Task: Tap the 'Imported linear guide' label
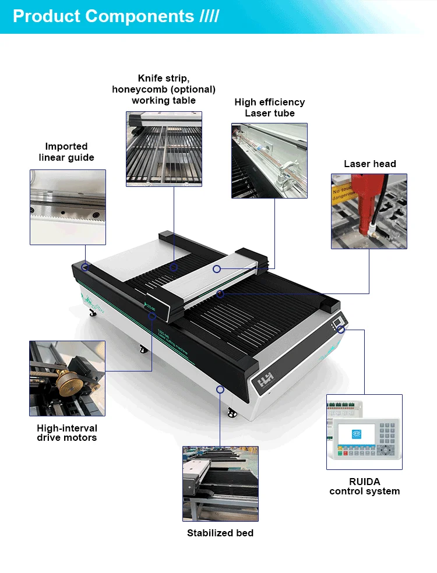coord(66,152)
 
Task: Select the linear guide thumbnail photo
coord(68,207)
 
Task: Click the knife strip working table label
coord(164,89)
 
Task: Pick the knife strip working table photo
coord(164,149)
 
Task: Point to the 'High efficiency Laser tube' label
coord(270,107)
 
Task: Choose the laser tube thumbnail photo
coord(269,160)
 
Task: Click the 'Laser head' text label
coord(369,164)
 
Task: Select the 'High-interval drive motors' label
coord(67,433)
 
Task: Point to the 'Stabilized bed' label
coord(220,533)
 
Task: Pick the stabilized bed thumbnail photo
coord(220,483)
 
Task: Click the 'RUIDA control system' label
coord(365,486)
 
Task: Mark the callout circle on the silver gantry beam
coord(217,269)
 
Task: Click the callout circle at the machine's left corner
coord(85,267)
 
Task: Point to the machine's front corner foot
coord(232,414)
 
